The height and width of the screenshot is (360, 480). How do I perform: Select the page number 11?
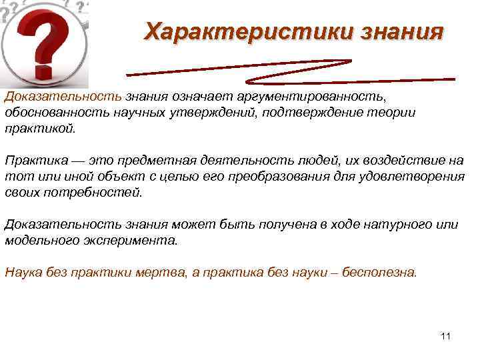[446, 336]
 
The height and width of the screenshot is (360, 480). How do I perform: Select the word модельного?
[43, 240]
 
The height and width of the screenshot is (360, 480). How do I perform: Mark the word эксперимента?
[136, 240]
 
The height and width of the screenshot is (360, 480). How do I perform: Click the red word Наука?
[23, 273]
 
